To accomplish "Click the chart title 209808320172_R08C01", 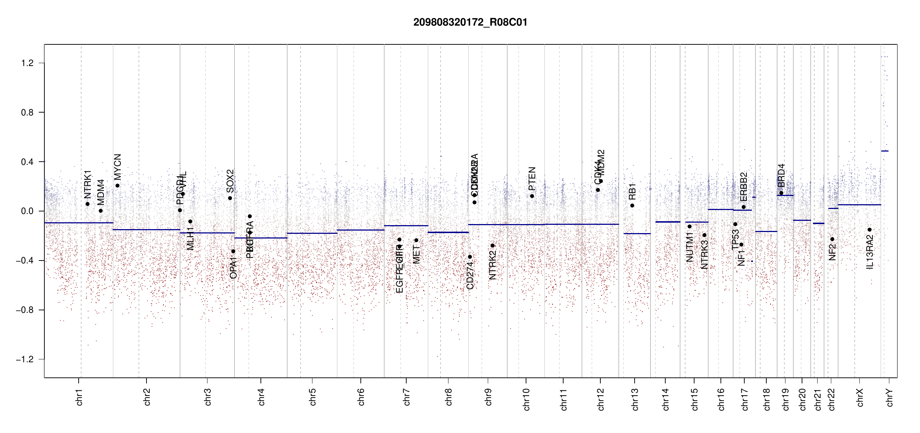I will [x=470, y=22].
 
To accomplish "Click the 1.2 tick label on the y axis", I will [x=27, y=63].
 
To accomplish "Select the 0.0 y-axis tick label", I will [x=27, y=211].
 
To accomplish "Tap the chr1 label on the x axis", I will [x=79, y=397].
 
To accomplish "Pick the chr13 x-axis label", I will [x=635, y=399].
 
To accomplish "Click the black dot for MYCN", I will [x=117, y=186].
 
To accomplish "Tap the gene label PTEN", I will [x=532, y=179].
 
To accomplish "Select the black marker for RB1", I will [x=632, y=206].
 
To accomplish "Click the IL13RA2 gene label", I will [x=869, y=252].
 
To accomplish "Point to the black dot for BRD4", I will [x=781, y=193].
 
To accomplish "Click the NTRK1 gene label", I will [x=88, y=184].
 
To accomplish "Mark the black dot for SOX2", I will [x=230, y=198].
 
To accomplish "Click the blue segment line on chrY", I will [x=885, y=151].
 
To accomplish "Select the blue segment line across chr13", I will [x=637, y=233].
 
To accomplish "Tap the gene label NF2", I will [x=832, y=252].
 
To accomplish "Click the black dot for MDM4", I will [x=101, y=211].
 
